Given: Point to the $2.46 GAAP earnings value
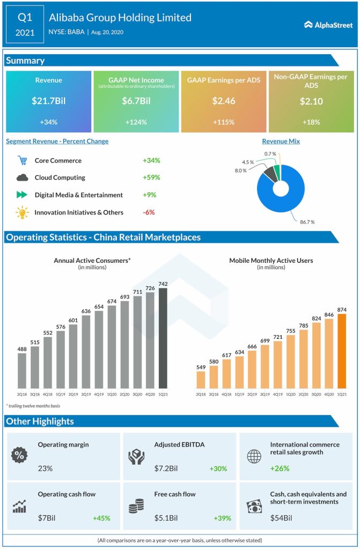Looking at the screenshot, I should coord(223,101).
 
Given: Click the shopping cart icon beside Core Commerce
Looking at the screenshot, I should coord(22,160).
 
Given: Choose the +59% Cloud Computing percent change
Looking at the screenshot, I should coord(152,177).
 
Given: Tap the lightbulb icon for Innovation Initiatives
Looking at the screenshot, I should coord(22,212).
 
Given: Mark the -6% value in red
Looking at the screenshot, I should coord(149,212).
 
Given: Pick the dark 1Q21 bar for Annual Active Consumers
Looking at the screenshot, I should coord(163,338).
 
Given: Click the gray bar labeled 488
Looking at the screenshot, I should coord(22,370).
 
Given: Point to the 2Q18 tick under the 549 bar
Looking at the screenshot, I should coord(201,394).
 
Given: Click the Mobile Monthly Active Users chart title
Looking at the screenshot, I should coord(271,261).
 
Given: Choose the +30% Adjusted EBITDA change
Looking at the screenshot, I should coord(218,469).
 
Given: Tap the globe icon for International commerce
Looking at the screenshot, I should coord(253,456).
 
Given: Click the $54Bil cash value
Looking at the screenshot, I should coord(281,518).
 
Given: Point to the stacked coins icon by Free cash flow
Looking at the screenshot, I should coord(136,506).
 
